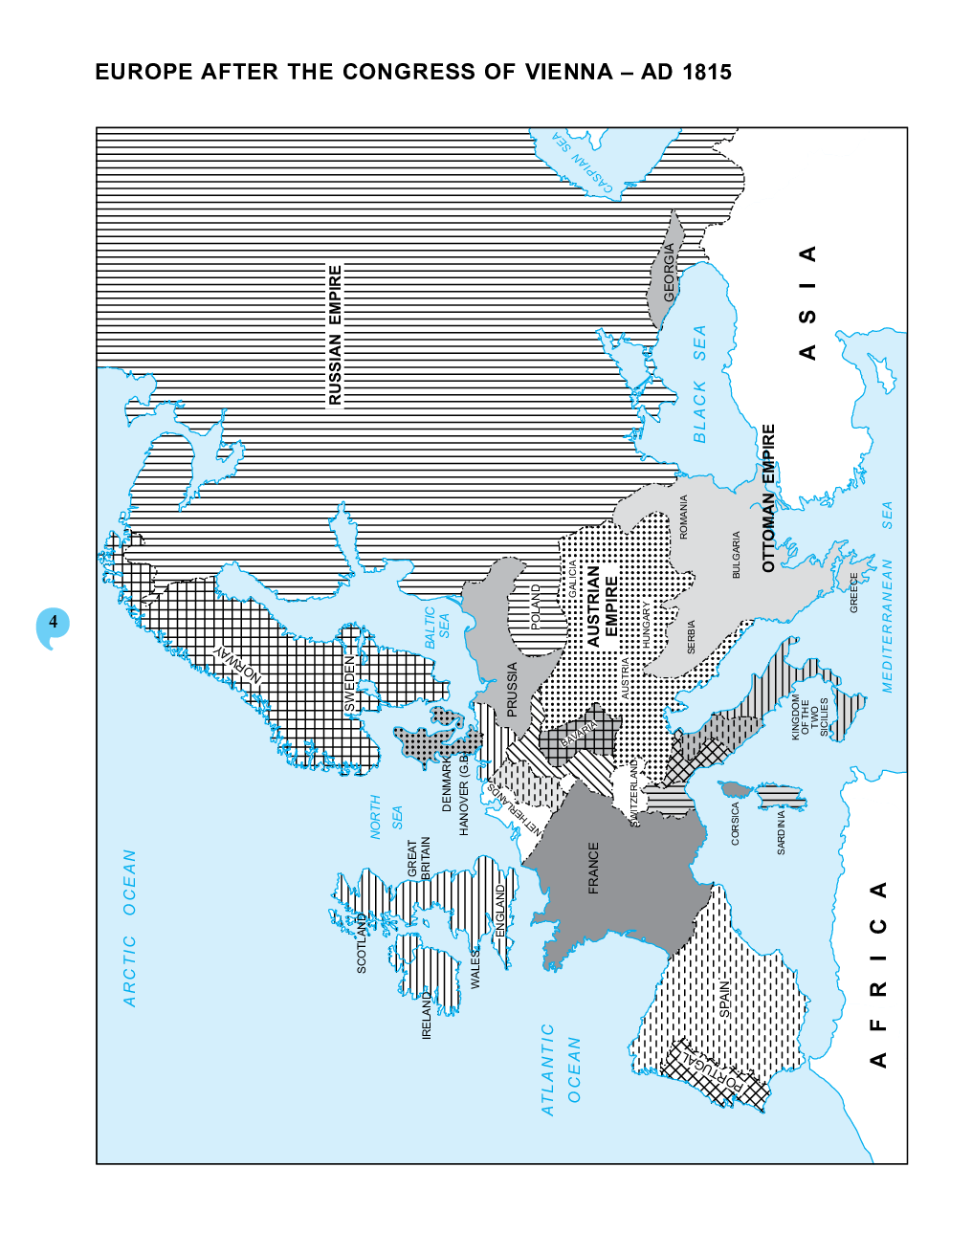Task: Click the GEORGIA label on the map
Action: tap(670, 273)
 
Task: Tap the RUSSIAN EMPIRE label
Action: tap(335, 335)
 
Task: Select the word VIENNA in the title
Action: tap(568, 72)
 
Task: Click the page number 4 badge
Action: tap(54, 623)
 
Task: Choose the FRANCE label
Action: tap(593, 868)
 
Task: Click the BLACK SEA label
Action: tap(699, 384)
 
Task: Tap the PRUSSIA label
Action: tap(512, 689)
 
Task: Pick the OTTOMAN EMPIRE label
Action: tap(768, 498)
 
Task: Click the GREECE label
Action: tap(854, 592)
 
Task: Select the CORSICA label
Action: tap(735, 823)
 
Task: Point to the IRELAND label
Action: tap(427, 1015)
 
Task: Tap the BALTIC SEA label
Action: tap(437, 628)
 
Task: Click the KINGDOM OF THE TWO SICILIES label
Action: tap(809, 716)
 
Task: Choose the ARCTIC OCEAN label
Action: tap(130, 928)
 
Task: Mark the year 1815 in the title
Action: tap(706, 72)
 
